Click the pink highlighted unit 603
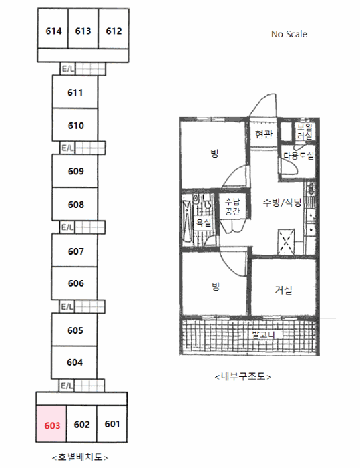(x=51, y=424)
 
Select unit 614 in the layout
(x=53, y=29)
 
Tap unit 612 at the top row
(x=114, y=29)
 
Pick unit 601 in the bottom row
(x=112, y=424)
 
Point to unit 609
(x=75, y=170)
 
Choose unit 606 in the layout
(x=75, y=283)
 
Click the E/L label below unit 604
(x=67, y=386)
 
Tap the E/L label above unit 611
(x=68, y=69)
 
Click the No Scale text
(x=289, y=34)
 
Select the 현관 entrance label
(x=264, y=134)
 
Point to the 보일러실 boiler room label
(x=305, y=132)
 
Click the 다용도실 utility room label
(x=299, y=156)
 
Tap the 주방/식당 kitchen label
(x=282, y=203)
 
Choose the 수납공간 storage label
(x=232, y=206)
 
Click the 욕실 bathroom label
(x=204, y=223)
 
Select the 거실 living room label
(x=283, y=289)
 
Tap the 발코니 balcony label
(x=263, y=334)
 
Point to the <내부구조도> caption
(x=243, y=376)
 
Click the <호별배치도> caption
(x=80, y=457)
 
